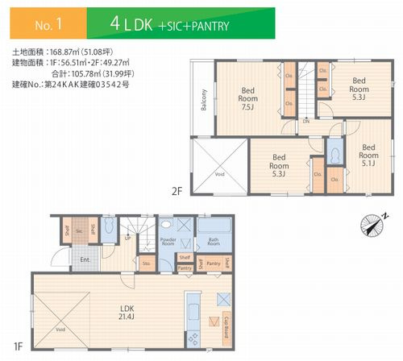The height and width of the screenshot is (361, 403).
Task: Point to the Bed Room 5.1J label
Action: pos(368,152)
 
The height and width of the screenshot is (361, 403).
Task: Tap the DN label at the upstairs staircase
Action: pos(306,122)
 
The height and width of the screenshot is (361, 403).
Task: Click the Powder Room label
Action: pos(168,241)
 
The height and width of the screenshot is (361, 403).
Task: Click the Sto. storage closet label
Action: pos(146,262)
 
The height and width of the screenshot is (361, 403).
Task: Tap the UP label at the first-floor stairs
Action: pos(127,239)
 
